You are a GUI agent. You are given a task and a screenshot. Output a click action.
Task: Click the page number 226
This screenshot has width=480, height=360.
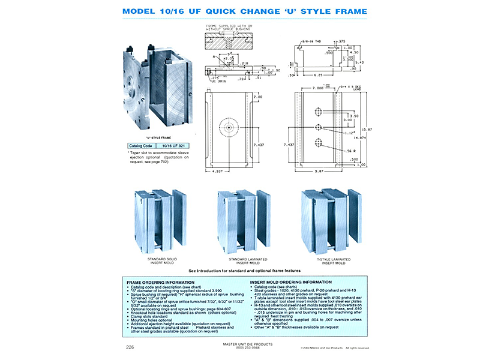coord(130,347)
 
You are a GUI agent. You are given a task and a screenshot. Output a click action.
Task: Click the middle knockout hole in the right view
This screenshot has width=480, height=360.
coord(318,126)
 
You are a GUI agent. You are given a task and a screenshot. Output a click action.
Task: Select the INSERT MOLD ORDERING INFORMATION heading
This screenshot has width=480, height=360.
coord(292,281)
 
